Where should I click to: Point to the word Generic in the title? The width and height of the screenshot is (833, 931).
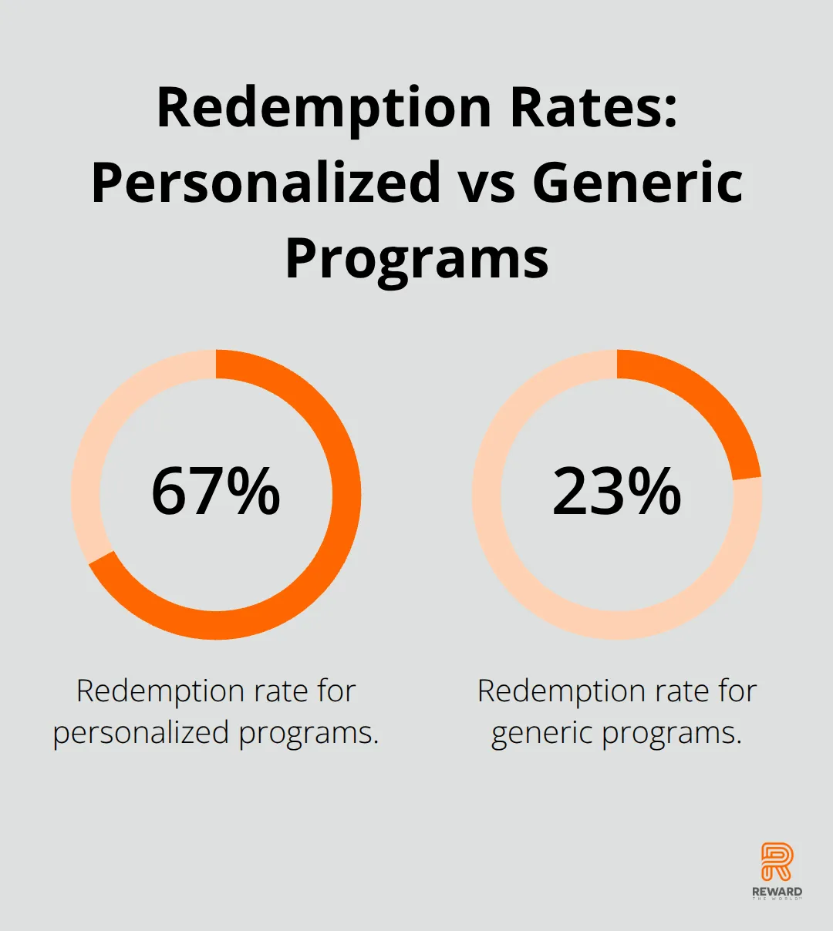pyautogui.click(x=637, y=183)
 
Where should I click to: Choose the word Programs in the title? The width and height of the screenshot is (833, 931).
pyautogui.click(x=416, y=258)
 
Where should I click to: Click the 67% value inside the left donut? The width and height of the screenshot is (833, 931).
pyautogui.click(x=216, y=492)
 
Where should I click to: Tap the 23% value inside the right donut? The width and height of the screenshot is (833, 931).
pyautogui.click(x=617, y=492)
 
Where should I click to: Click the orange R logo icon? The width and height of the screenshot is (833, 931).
pyautogui.click(x=777, y=862)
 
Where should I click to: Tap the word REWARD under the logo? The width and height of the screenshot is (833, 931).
pyautogui.click(x=777, y=892)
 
